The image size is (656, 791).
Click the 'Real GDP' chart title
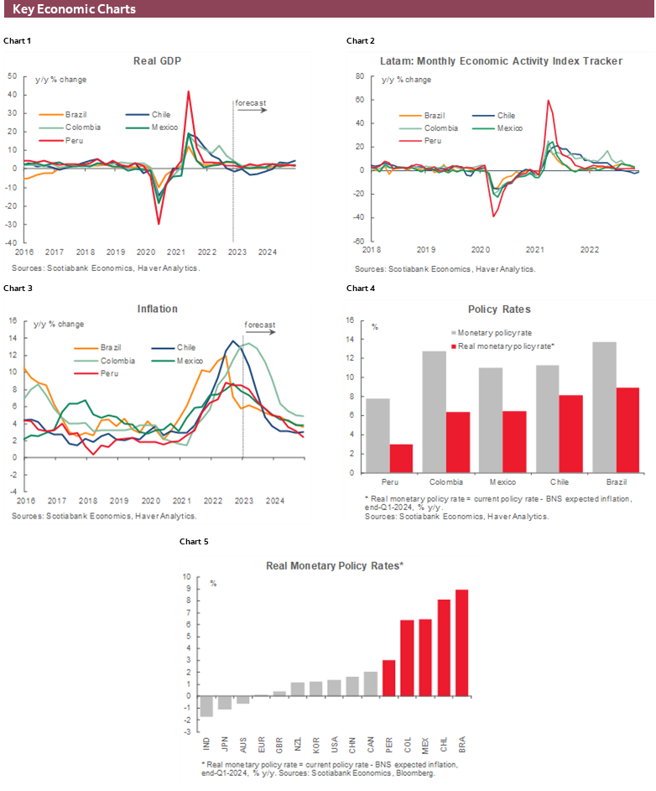coord(157,61)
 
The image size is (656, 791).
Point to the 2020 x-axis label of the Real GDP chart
coord(146,251)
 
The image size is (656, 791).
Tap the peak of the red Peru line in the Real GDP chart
coord(188,92)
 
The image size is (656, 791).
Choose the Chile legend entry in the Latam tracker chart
coord(505,116)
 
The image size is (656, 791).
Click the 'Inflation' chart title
coord(157,309)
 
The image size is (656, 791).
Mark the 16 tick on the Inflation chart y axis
coord(11,320)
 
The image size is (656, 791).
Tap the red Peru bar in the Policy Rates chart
coord(401,458)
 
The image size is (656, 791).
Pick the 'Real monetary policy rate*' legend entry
coord(505,346)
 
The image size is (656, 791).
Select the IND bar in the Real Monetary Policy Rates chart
coord(206,706)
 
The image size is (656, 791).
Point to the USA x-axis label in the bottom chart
coord(334,743)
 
